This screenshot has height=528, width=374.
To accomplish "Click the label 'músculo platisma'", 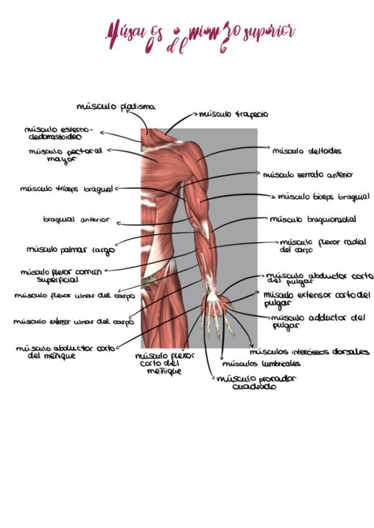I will [x=116, y=106].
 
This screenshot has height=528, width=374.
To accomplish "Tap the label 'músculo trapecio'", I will [x=233, y=114].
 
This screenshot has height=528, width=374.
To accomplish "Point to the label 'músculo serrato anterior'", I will [x=307, y=175].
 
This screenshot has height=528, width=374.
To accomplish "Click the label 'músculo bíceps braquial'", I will [x=323, y=197].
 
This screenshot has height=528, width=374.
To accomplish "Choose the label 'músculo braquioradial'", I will [x=313, y=219].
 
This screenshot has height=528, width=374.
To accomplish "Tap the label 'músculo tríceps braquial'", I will [x=66, y=189].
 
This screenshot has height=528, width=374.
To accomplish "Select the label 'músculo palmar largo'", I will [x=70, y=250].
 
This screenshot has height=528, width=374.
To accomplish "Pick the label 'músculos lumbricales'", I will [x=261, y=364].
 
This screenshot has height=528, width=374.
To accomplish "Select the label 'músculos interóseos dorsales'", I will [x=309, y=352].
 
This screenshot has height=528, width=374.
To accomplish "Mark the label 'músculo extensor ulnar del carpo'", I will [x=73, y=322].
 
